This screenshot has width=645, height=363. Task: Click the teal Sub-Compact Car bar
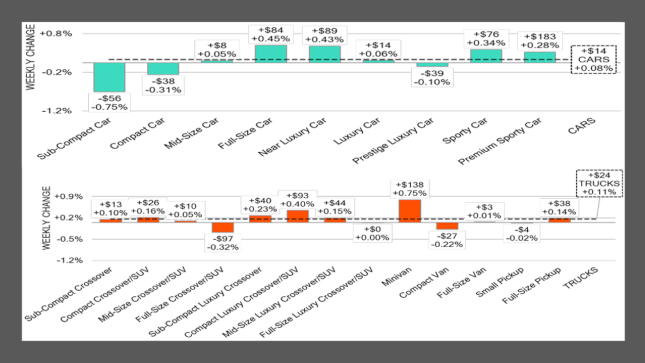pos(110,77)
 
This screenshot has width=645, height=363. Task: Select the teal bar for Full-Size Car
pos(271,54)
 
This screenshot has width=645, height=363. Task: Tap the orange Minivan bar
pos(410,211)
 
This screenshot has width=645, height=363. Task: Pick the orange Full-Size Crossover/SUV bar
pos(223,227)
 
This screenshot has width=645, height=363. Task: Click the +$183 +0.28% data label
pos(540,41)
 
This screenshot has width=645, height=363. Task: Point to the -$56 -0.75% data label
pos(110,103)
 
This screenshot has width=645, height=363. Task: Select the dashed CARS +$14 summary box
pos(593,60)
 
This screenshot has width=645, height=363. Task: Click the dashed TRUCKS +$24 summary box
pos(599,183)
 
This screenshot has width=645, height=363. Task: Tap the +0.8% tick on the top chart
pos(56,34)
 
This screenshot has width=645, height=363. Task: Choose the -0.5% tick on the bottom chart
pos(69,239)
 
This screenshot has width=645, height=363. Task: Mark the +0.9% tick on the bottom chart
pos(69,196)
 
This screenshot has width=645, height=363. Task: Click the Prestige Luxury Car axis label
pos(393,141)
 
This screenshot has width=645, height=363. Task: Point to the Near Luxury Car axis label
pos(292,137)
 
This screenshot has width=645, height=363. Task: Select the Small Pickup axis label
pos(500,282)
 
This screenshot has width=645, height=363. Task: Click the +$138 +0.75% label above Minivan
pos(410,189)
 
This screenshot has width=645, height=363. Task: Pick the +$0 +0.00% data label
pos(372,233)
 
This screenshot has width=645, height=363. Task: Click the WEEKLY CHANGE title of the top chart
pos(31,57)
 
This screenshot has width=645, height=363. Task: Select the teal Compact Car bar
pos(163,69)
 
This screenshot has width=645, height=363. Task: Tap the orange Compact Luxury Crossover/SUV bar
pos(298,216)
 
